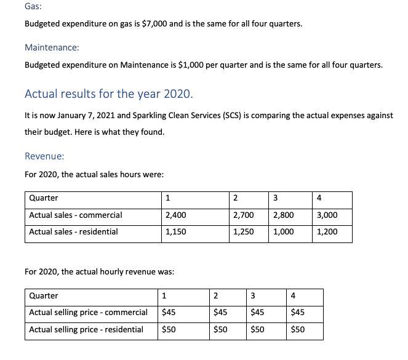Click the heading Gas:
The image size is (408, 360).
point(34,7)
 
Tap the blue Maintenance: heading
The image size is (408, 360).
point(52,47)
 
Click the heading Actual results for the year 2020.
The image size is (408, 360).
point(108,94)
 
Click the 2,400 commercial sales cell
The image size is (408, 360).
point(176,215)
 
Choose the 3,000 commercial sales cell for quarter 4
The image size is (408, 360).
point(327,215)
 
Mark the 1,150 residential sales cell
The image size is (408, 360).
point(176,232)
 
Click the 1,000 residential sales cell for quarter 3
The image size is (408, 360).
point(283,232)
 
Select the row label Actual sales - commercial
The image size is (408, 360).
point(76,215)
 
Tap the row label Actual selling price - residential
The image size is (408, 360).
point(86,330)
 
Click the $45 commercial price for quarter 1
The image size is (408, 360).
point(168,313)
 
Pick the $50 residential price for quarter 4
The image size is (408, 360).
point(298,330)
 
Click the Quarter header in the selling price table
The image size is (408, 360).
point(44,296)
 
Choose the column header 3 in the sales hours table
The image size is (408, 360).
point(275,198)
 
